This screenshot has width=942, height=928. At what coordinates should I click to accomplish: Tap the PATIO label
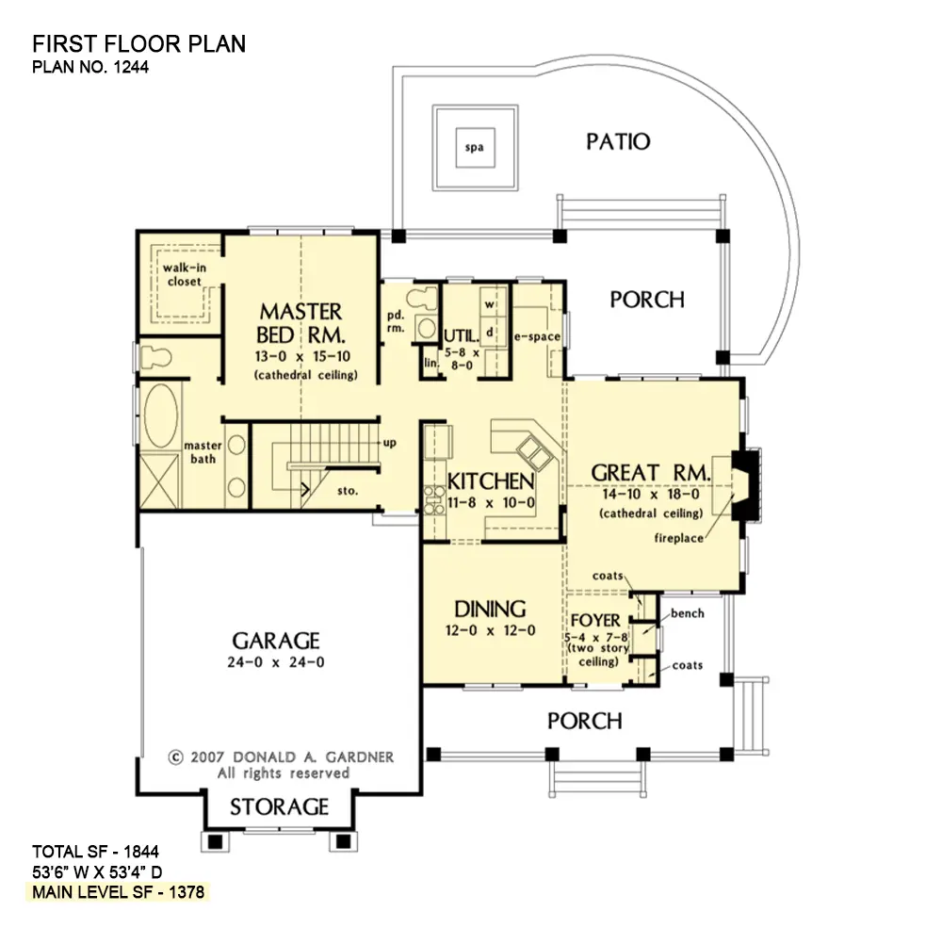pos(618,141)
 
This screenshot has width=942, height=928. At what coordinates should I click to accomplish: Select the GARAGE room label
pos(276,641)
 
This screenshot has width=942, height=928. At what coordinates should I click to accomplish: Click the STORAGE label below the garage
pos(280,807)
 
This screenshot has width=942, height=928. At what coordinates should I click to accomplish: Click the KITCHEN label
pos(492,481)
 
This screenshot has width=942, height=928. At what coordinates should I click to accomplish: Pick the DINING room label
pos(490,609)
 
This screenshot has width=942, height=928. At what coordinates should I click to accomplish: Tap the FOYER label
pos(595,621)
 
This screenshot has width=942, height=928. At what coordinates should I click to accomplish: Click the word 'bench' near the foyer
pos(688,613)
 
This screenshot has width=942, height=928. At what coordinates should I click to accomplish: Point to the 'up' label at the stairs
pos(388,442)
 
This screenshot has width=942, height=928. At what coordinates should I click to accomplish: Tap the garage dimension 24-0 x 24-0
pos(276,662)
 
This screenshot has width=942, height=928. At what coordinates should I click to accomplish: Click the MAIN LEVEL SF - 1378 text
pos(119,890)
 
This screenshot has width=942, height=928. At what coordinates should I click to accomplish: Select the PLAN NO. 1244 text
pos(90,67)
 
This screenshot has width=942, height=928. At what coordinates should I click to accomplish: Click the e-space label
pos(537,336)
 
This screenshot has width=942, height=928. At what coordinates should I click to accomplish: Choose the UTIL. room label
pos(463,335)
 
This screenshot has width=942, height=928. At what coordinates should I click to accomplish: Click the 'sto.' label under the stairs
pos(348,491)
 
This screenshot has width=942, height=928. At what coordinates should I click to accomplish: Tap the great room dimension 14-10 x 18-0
pos(650,494)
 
